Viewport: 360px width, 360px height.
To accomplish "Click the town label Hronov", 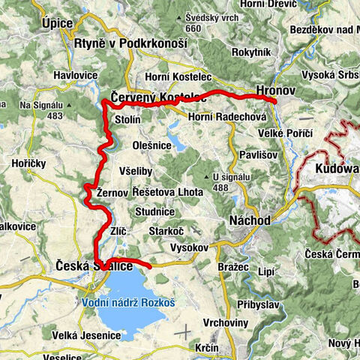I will (277, 90).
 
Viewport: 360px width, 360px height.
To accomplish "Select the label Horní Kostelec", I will (175, 76).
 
